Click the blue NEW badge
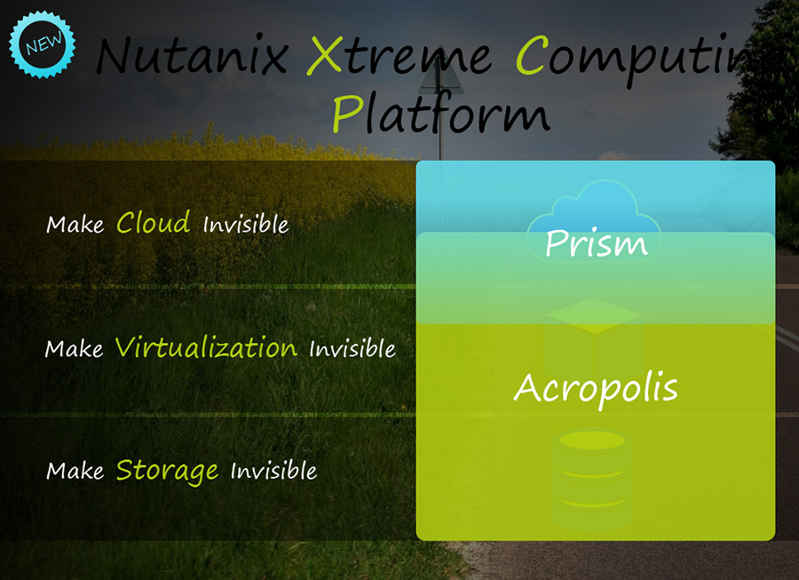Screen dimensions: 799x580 point(43,44)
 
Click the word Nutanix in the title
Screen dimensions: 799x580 point(193,54)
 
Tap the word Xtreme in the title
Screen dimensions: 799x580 point(399,55)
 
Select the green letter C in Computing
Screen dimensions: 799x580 point(533,55)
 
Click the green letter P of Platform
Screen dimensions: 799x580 point(348,115)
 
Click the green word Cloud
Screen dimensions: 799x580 point(154,222)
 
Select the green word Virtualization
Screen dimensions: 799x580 point(206,347)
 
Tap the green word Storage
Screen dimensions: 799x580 point(168,471)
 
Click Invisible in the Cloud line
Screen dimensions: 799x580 point(246,224)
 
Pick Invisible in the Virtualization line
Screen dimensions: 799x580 point(352,348)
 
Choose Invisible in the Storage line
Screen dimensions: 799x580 point(273,471)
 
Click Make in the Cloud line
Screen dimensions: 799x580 point(75,225)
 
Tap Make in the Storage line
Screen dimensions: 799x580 point(75,471)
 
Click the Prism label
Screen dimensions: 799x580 point(597,242)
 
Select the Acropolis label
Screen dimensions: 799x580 point(596,389)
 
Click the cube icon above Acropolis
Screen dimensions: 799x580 point(594,338)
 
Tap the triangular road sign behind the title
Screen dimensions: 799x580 point(441,76)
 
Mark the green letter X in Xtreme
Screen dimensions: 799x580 point(325,55)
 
